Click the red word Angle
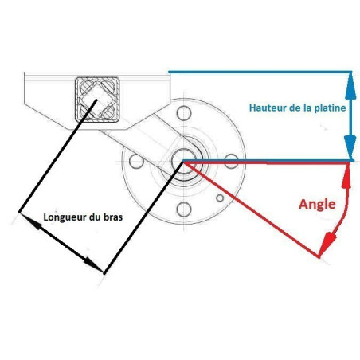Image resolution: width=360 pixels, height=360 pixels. tap(317, 205)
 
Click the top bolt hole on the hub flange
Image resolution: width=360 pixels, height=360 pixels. tap(184, 113)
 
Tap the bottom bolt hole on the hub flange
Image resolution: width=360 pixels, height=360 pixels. tap(184, 209)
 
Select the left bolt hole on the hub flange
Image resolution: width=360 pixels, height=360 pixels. tap(136, 161)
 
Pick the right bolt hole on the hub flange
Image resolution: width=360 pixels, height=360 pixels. tap(231, 161)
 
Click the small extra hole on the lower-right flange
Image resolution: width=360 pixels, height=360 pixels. tap(220, 198)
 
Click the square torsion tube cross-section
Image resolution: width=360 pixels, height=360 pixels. tap(97, 100)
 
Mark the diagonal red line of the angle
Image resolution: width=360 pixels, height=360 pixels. tap(251, 209)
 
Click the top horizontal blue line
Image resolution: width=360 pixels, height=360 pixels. tap(260, 72)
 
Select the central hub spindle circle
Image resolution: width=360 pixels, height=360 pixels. tap(183, 161)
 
